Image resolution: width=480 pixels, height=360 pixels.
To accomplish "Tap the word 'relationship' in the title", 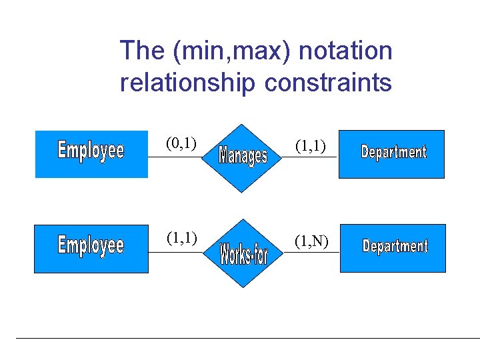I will [187, 83].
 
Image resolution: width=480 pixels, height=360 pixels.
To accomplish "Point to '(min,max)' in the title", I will [229, 51].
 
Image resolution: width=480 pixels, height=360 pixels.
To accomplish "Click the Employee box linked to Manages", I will [91, 154].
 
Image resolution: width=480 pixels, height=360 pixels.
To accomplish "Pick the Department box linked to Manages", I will [392, 154].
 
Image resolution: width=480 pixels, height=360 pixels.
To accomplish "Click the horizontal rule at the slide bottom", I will [247, 338].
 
